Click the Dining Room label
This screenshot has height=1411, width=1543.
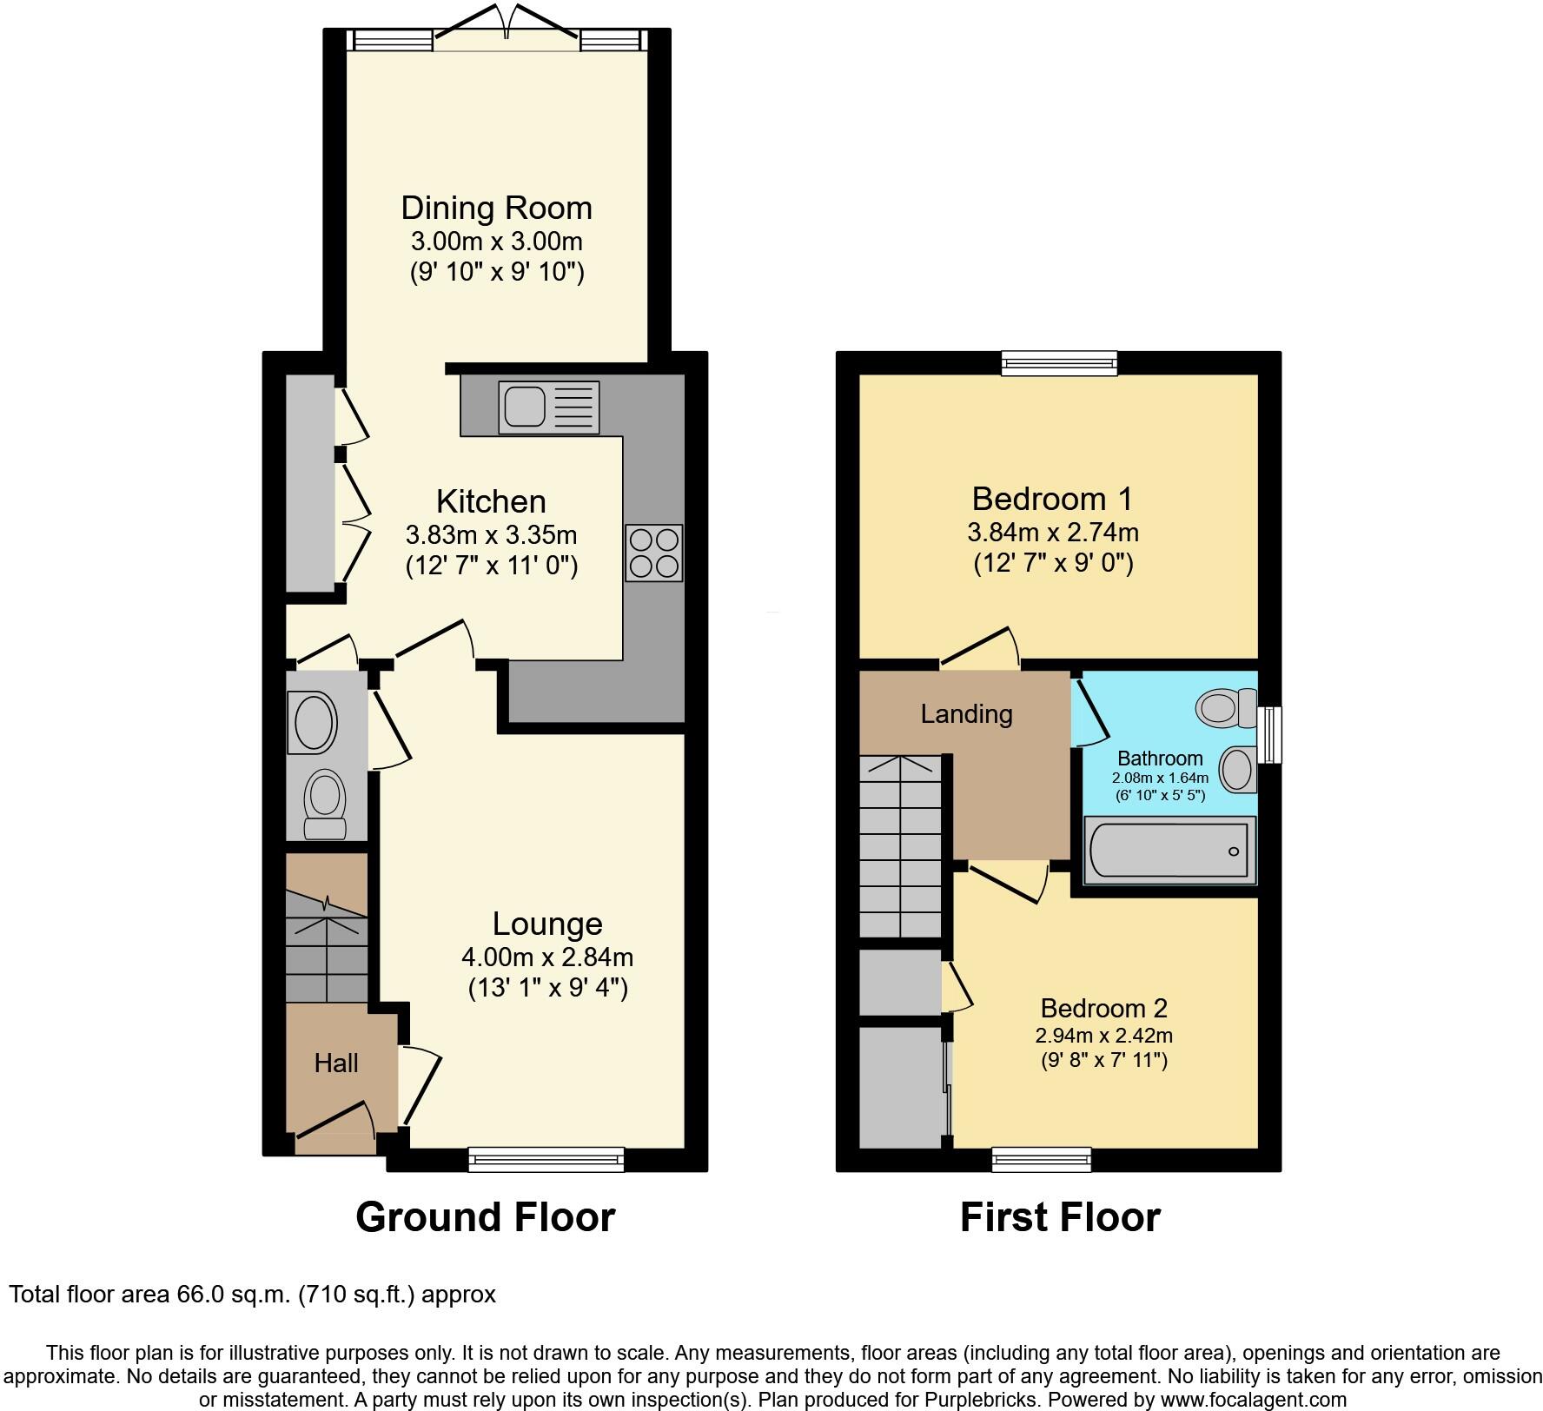pyautogui.click(x=496, y=209)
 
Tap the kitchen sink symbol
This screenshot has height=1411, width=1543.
pyautogui.click(x=548, y=407)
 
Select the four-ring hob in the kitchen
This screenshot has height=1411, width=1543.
pyautogui.click(x=653, y=553)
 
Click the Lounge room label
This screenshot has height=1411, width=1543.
pyautogui.click(x=547, y=924)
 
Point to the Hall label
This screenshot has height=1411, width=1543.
pyautogui.click(x=336, y=1063)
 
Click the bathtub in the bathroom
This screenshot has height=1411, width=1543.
pyautogui.click(x=1169, y=850)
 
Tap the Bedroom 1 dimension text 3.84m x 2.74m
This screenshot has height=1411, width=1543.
pyautogui.click(x=1052, y=532)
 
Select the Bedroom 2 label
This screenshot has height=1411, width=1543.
pyautogui.click(x=1103, y=1008)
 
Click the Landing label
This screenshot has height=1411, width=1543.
pyautogui.click(x=966, y=714)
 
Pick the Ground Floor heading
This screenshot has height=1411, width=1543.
pyautogui.click(x=485, y=1217)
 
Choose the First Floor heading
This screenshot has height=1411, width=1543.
pyautogui.click(x=1059, y=1217)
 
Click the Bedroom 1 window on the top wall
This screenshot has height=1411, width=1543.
pyautogui.click(x=1059, y=362)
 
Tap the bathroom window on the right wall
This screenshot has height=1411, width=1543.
pyautogui.click(x=1270, y=734)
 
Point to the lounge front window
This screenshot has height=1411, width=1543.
pyautogui.click(x=546, y=1159)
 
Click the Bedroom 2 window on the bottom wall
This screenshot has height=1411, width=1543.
pyautogui.click(x=1041, y=1159)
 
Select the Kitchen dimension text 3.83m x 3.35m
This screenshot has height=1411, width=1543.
pyautogui.click(x=491, y=534)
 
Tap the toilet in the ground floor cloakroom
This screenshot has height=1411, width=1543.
pyautogui.click(x=326, y=803)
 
